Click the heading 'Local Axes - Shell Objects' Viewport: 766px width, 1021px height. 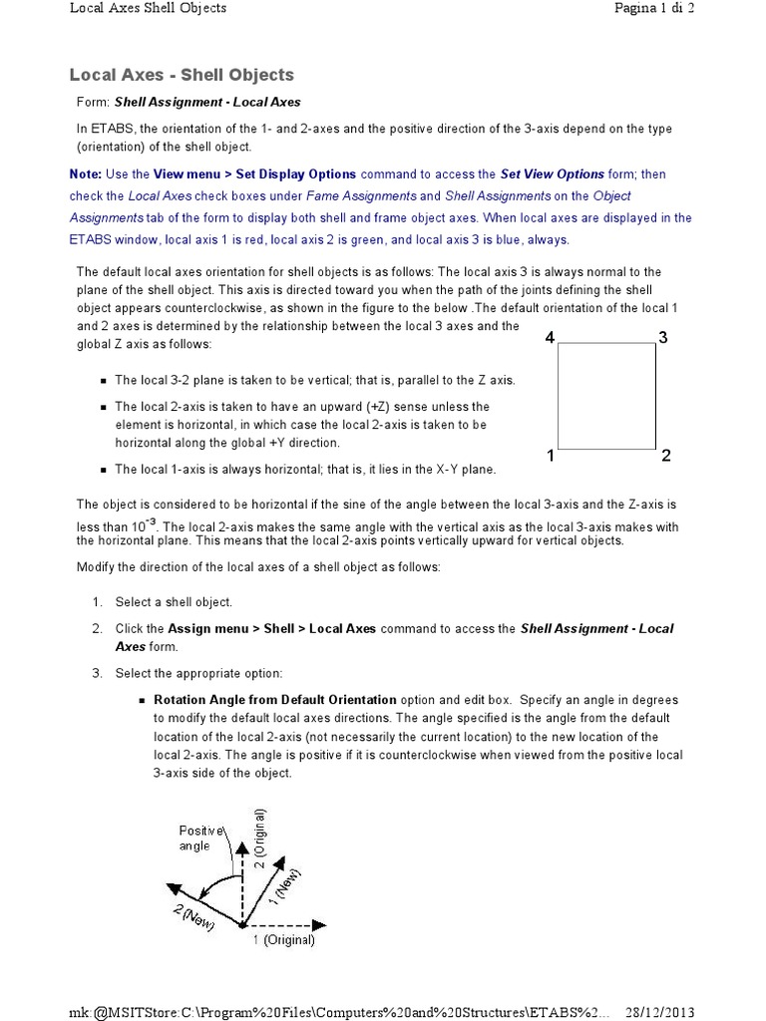coord(182,75)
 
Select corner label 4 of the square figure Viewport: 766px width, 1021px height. coord(550,338)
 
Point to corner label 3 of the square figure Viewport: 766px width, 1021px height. coord(663,338)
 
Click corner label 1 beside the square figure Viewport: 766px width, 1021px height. coord(551,457)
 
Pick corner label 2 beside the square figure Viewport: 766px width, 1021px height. coord(665,457)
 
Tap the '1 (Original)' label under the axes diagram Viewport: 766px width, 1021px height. coord(283,939)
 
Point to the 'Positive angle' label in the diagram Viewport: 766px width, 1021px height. coord(196,838)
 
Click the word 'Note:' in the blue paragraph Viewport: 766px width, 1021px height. coord(86,173)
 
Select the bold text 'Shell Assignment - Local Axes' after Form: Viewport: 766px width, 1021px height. coord(207,102)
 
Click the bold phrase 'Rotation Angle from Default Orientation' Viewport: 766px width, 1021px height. coord(274,699)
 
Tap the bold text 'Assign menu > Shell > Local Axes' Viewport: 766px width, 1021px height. coord(272,628)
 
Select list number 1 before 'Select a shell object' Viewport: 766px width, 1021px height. coord(97,602)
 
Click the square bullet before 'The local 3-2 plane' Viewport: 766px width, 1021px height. coord(104,381)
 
